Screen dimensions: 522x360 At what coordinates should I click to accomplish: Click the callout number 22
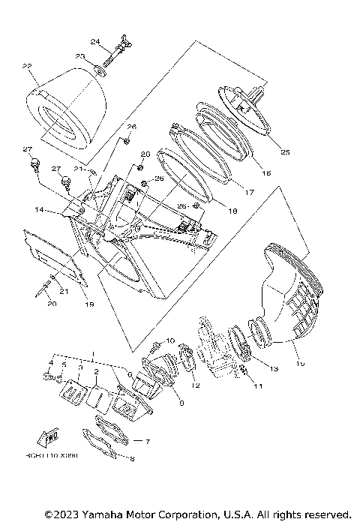[28, 67]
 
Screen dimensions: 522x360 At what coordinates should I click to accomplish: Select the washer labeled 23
[100, 73]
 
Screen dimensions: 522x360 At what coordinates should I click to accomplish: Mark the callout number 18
[232, 212]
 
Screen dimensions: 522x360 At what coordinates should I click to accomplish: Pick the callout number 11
[258, 387]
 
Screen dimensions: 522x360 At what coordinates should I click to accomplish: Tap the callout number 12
[196, 385]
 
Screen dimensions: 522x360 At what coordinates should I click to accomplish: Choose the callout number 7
[147, 442]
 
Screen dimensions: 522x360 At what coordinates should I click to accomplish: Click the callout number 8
[132, 459]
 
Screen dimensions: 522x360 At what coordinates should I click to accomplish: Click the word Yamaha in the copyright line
[94, 514]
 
